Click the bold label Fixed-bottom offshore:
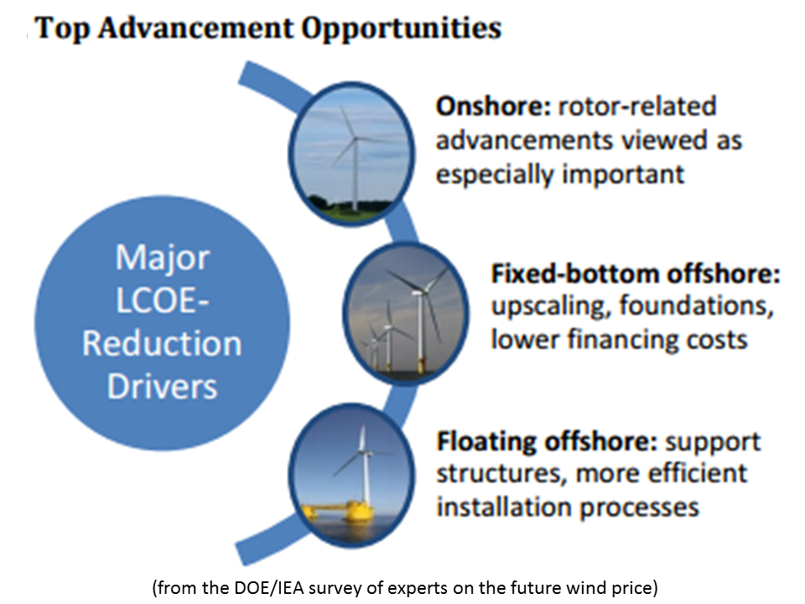[636, 274]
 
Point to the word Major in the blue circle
[162, 258]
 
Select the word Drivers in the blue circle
[162, 387]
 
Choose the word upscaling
[550, 307]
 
